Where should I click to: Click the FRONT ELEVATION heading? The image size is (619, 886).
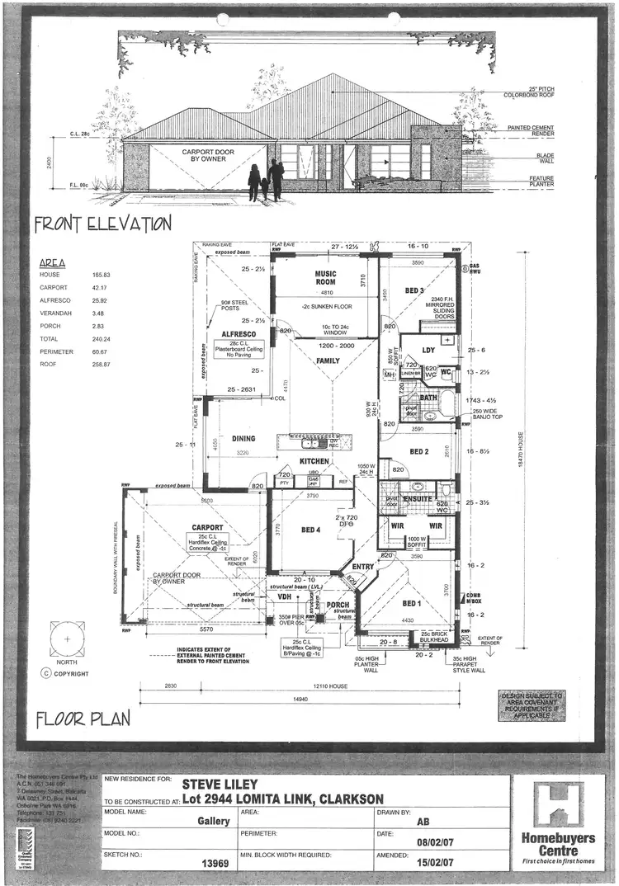click(102, 224)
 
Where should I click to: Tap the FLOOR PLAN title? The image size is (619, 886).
click(83, 719)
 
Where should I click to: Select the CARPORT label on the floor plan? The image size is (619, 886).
click(207, 527)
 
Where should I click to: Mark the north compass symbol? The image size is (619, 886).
click(65, 639)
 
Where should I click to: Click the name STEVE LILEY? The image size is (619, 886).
click(220, 784)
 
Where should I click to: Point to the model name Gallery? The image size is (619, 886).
click(213, 821)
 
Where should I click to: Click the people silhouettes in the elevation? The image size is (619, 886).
click(267, 181)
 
